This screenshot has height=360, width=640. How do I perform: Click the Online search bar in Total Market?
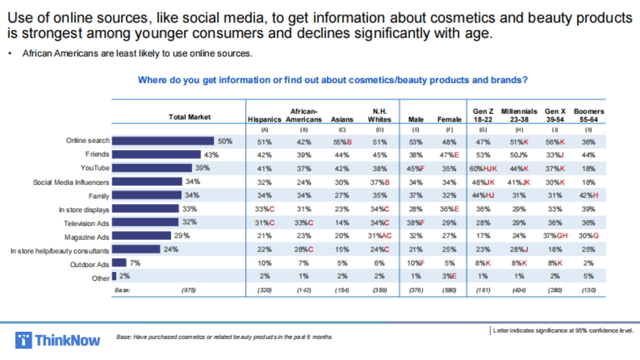[x=163, y=141]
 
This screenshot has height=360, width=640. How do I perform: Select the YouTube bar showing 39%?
[x=151, y=168]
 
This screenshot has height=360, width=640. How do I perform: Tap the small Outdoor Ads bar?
[x=119, y=263]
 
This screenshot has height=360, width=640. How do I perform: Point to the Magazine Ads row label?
[x=87, y=236]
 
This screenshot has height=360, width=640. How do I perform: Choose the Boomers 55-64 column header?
[x=589, y=115]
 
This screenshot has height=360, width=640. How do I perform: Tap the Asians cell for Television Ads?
[x=342, y=222]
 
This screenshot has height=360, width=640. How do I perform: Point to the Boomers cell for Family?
[x=589, y=195]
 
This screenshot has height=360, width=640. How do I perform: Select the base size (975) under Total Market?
[x=189, y=290]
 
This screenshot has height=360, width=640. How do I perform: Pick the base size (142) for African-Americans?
[x=303, y=290]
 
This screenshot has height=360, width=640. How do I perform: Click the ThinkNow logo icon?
[x=24, y=340]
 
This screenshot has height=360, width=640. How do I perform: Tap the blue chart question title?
[x=333, y=80]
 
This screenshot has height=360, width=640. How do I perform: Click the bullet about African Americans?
[x=137, y=54]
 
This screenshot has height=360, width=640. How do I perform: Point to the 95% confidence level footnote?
[x=563, y=331]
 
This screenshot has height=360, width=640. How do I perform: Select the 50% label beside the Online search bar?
[x=225, y=141]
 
